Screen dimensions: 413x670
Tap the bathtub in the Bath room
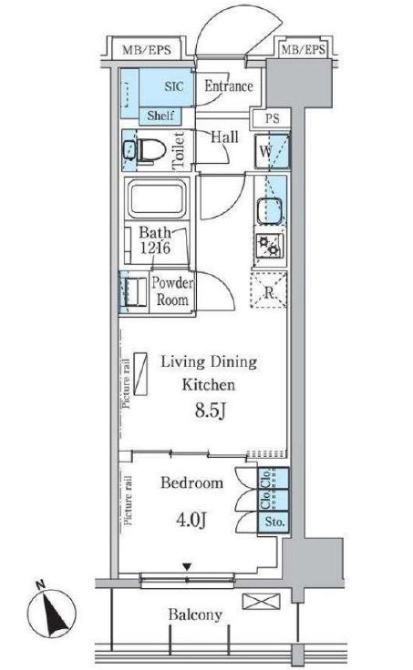pos(157,198)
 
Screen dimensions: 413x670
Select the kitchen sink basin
pos(269,210)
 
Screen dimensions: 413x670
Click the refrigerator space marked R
pos(269,289)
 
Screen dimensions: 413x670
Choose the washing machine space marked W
pos(273,151)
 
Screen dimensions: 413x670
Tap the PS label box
pos(271,118)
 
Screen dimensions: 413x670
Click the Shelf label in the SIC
pos(160,116)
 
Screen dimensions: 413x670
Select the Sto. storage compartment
pos(273,522)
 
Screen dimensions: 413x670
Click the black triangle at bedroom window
pos(187,567)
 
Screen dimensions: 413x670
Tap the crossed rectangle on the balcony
pos(261,601)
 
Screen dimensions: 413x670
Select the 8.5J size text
pos(210,411)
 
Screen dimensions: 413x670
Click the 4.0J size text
pos(191,520)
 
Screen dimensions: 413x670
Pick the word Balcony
pos(195,614)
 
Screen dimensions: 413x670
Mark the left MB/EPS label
pos(147,50)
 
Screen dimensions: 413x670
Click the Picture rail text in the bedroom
pos(128,500)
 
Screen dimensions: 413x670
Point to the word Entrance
pos(229,86)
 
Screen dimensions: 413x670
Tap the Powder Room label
pos(172,291)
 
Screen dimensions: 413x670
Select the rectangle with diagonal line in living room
pos(140,373)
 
